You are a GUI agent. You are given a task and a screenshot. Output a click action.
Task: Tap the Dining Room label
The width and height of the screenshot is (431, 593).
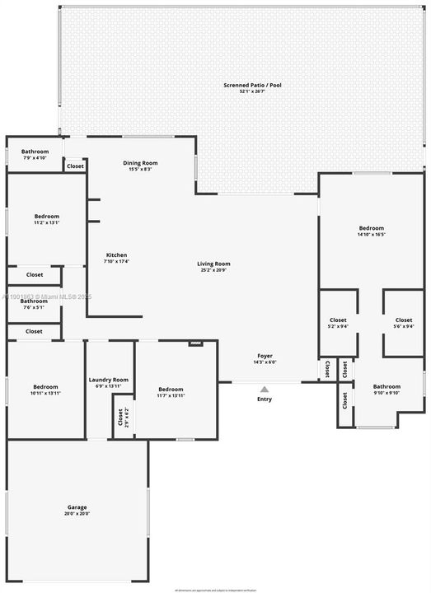[x=140, y=163]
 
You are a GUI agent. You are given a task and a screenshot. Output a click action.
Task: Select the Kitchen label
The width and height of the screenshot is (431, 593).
[x=116, y=254]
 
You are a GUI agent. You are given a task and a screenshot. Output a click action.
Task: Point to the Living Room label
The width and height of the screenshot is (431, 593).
[x=213, y=264]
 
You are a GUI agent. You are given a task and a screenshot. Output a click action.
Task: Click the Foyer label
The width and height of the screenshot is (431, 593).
[x=265, y=357]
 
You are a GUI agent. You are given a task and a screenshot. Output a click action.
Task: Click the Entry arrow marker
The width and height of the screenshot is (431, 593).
[x=265, y=390]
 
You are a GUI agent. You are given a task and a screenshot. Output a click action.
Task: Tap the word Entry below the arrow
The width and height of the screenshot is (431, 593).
[x=265, y=399]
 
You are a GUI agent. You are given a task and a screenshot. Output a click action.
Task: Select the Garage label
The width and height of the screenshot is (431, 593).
[x=77, y=507]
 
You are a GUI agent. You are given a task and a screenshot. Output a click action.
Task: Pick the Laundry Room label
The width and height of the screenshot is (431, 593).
[x=109, y=380]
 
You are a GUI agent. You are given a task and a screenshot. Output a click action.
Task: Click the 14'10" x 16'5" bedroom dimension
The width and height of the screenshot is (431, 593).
[x=371, y=235]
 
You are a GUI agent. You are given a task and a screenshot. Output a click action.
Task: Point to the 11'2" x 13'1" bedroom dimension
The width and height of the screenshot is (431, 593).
[x=46, y=222]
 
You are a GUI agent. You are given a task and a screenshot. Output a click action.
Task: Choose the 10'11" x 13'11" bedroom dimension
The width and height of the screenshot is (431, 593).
[x=46, y=393]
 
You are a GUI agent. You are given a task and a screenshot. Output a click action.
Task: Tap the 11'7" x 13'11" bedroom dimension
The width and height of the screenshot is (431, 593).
[x=171, y=395]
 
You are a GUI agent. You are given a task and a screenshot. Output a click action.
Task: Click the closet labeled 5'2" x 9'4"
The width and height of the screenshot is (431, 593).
[x=338, y=326]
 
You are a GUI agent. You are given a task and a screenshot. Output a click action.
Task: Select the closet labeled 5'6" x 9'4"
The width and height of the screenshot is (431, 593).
[x=404, y=326]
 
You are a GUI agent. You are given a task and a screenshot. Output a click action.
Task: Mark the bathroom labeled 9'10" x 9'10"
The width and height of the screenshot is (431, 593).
[x=386, y=393]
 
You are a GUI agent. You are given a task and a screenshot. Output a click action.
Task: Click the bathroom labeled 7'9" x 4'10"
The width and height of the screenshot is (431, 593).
[x=35, y=158]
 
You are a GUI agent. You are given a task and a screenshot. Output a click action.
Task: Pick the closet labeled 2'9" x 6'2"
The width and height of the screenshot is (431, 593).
[x=120, y=417]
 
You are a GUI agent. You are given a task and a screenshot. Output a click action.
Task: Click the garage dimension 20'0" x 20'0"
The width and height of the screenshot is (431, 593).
[x=77, y=514]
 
